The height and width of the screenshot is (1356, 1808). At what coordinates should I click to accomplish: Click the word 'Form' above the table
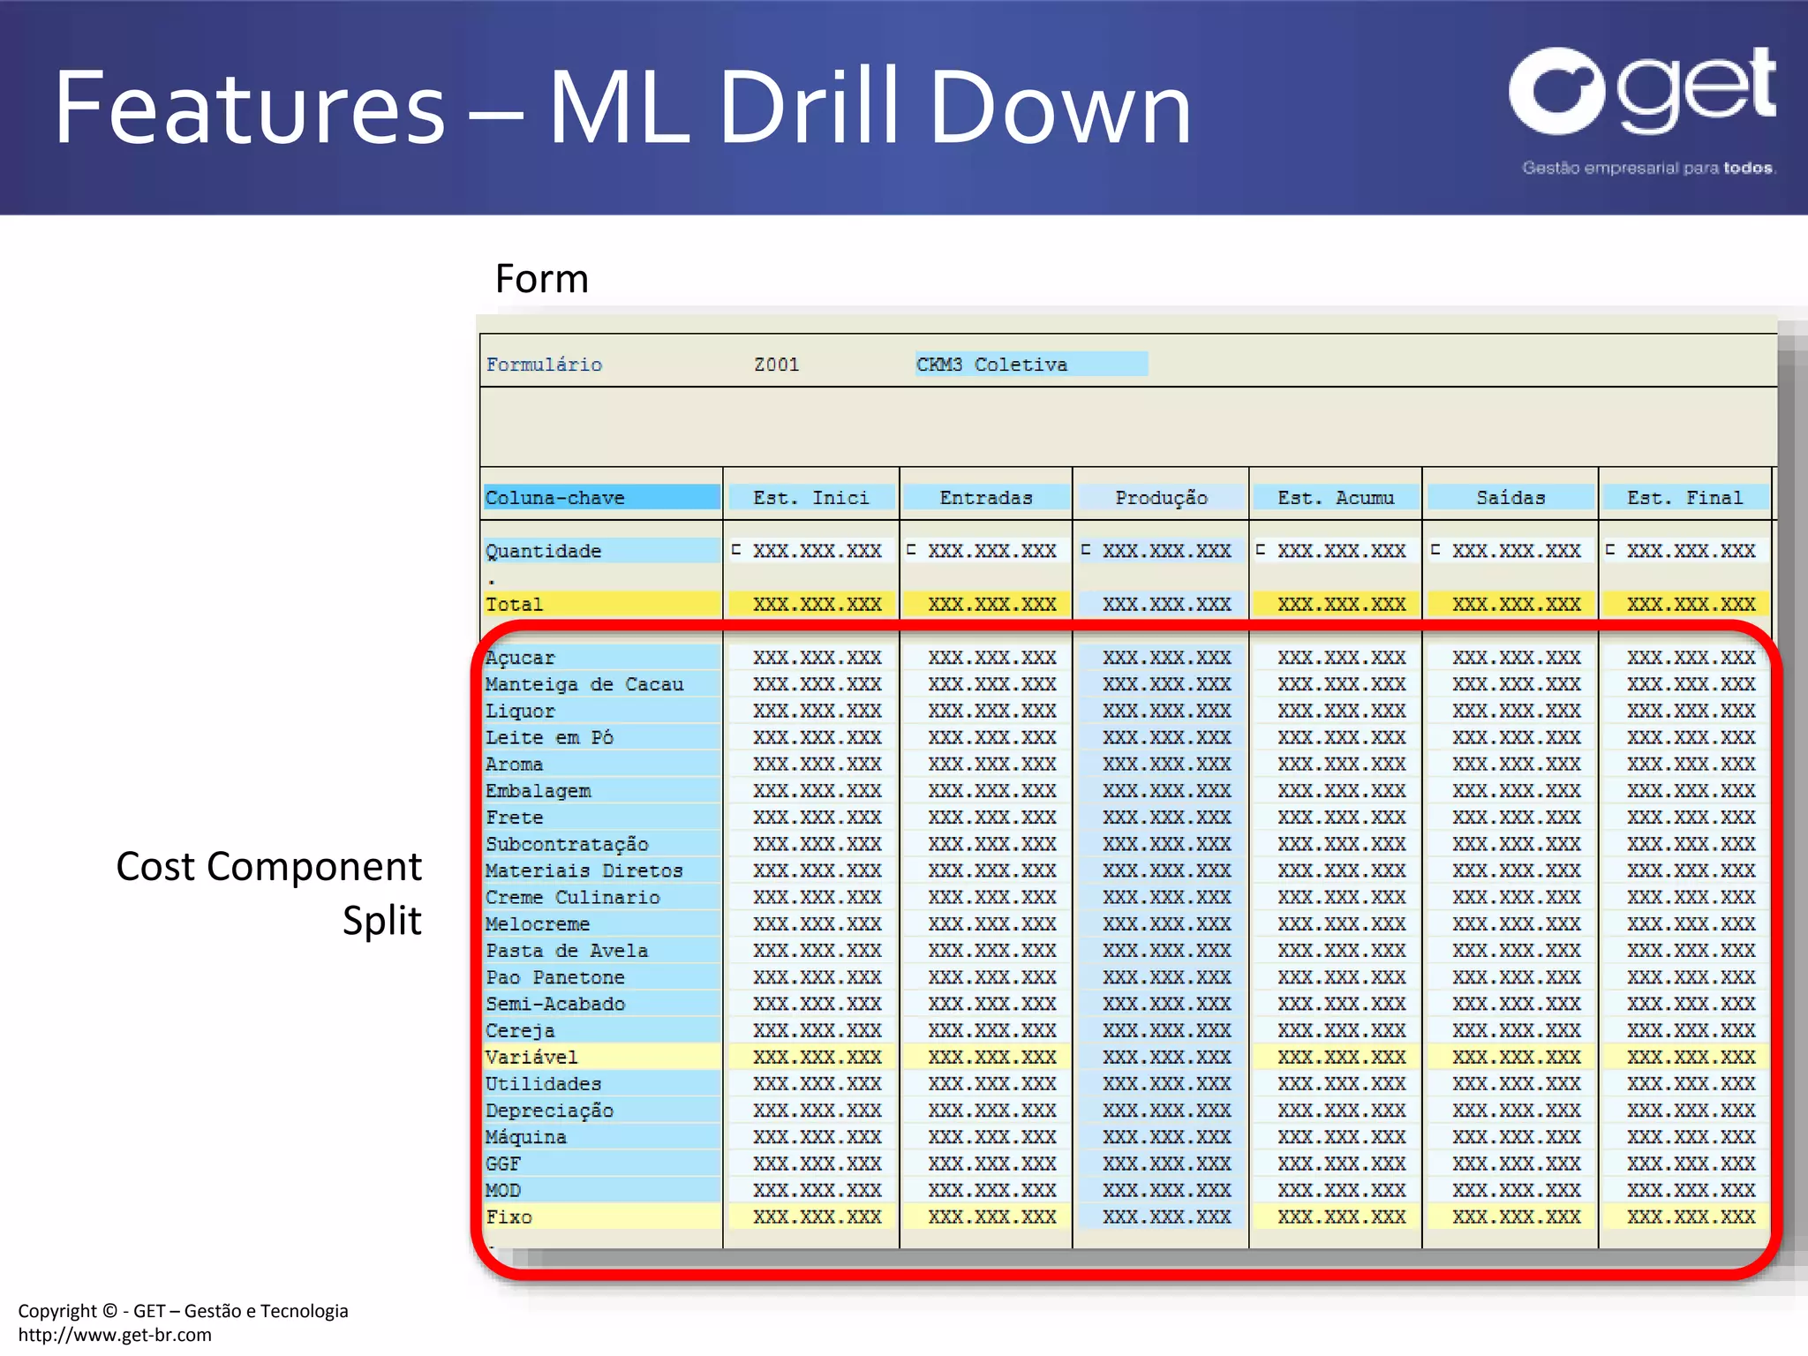pos(541,279)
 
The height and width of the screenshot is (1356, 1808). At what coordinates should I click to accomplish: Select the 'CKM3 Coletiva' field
pos(1030,365)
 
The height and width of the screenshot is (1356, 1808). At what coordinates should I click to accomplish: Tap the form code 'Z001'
pos(776,365)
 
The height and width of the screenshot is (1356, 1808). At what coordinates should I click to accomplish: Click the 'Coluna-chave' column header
pos(600,498)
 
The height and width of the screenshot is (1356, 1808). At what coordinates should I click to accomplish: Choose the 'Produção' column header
pos(1161,498)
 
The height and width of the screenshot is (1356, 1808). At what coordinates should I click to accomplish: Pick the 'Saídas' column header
pos(1510,498)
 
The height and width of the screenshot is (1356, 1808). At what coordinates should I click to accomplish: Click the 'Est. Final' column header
pos(1684,498)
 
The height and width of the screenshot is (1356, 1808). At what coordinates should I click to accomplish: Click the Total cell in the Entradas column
pos(991,605)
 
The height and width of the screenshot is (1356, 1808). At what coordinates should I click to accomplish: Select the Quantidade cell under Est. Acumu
pos(1340,551)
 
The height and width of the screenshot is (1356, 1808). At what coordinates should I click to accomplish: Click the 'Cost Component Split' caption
pos(269,893)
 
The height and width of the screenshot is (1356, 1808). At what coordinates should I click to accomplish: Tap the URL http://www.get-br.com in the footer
pos(115,1335)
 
